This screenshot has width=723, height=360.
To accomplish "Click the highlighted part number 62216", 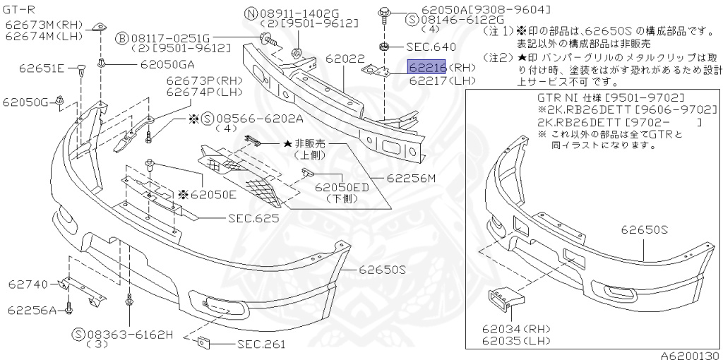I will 427,68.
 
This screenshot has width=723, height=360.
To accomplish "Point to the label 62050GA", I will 167,64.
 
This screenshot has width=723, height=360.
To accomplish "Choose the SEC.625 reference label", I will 253,218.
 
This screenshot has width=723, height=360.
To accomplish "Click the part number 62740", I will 29,284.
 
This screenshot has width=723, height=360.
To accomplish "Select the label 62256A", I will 32,309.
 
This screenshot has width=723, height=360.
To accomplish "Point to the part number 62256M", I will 411,179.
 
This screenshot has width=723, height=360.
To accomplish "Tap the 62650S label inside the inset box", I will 645,229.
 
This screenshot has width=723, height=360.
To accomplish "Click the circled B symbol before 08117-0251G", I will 121,37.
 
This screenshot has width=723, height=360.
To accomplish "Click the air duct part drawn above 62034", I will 503,301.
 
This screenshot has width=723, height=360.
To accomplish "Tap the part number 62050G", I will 25,102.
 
